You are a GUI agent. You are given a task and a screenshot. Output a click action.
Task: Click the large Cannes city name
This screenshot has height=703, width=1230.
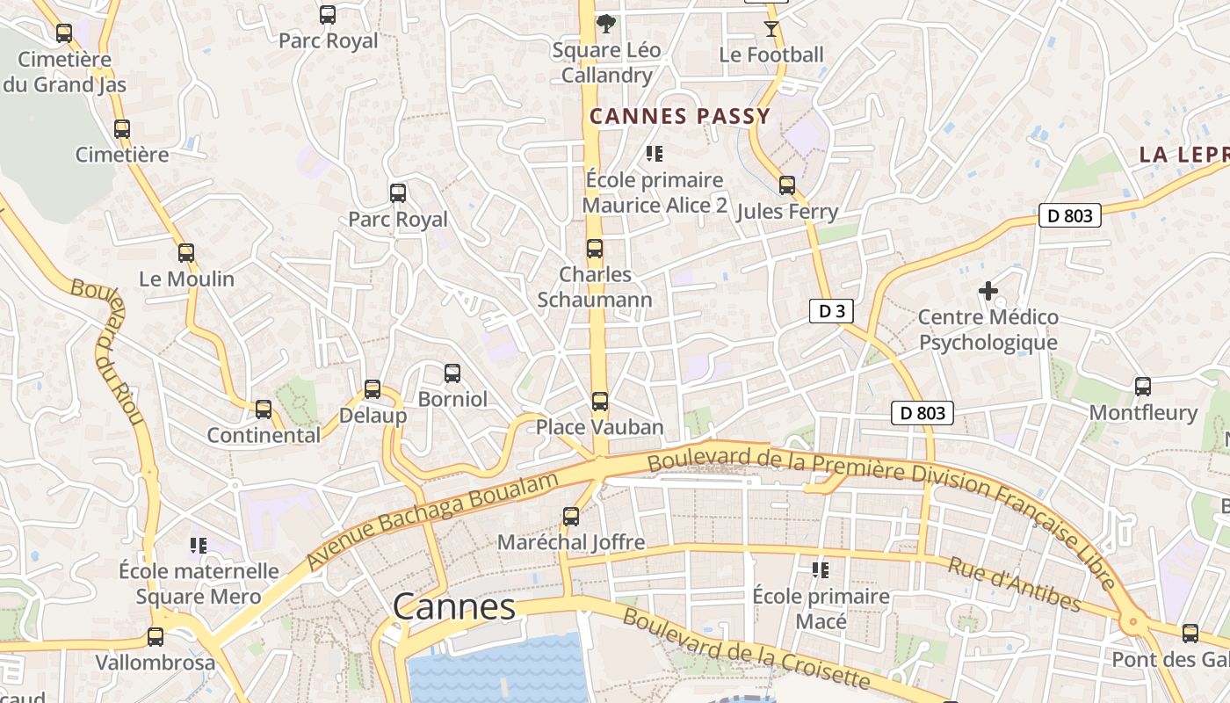(453, 606)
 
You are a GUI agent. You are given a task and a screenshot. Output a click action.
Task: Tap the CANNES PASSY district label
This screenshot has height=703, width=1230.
(679, 116)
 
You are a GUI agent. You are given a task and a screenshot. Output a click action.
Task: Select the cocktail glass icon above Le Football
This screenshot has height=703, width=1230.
(771, 29)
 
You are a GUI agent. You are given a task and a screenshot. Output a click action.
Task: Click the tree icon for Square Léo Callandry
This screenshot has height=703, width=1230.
(605, 24)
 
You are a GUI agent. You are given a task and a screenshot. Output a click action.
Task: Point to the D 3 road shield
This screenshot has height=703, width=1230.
(831, 310)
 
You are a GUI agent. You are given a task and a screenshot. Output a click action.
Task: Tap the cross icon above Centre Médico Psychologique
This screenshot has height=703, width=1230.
(988, 291)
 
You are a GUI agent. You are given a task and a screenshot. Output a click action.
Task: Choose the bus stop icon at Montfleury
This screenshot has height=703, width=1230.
(1142, 387)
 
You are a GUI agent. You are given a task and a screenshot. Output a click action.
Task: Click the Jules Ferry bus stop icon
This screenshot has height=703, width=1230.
(787, 185)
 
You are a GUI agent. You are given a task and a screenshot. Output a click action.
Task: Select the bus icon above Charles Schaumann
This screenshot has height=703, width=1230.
(595, 249)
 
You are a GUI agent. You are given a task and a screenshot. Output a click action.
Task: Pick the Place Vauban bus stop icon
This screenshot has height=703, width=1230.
(600, 402)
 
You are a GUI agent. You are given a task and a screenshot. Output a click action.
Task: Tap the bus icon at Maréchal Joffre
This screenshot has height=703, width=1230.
(571, 517)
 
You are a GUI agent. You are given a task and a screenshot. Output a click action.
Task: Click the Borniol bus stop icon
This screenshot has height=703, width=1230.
(452, 373)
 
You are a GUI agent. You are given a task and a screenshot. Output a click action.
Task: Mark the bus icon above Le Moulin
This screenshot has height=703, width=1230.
(186, 253)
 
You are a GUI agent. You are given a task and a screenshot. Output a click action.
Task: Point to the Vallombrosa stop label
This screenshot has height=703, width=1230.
(155, 662)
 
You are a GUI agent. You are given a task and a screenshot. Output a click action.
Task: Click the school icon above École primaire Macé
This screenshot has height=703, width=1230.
(821, 571)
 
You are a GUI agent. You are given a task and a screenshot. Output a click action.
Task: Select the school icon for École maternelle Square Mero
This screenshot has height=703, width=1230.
(199, 546)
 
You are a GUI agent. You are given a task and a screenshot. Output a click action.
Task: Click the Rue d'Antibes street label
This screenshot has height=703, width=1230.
(1014, 583)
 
